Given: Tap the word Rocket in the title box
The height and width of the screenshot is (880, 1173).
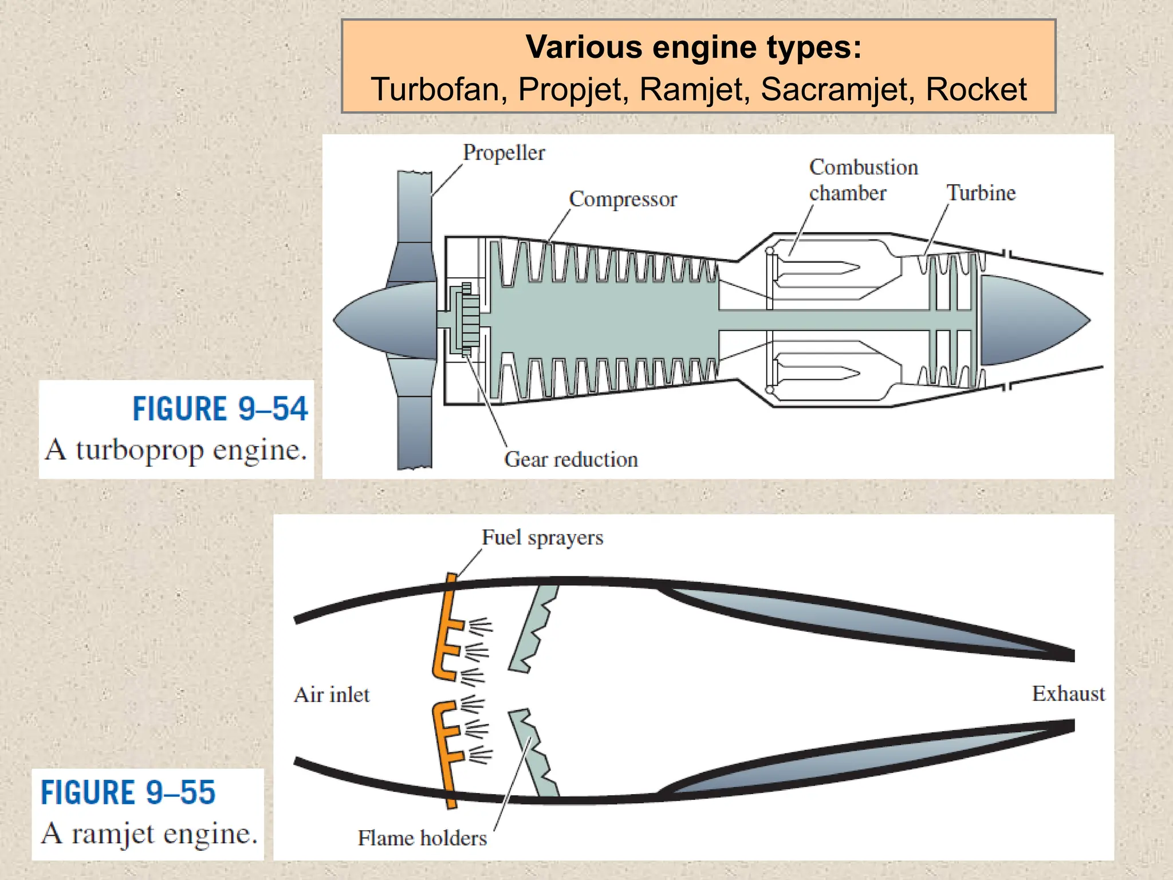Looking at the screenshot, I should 976,90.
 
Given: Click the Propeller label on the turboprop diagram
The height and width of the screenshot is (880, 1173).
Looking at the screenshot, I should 503,153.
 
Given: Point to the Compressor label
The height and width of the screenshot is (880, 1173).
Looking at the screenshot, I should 623,199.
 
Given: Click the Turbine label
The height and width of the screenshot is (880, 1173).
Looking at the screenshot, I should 981,193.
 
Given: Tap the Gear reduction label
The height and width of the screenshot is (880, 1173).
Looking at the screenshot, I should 570,459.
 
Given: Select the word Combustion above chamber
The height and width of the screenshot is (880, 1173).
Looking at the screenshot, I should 863,167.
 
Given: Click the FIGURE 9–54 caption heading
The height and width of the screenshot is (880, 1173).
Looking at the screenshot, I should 220,409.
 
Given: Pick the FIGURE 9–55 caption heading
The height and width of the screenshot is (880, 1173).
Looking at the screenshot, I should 128,792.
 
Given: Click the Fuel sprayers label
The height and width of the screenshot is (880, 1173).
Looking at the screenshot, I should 542,538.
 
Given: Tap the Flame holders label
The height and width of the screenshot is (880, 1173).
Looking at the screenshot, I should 422,838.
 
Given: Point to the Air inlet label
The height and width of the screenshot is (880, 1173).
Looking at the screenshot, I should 332,695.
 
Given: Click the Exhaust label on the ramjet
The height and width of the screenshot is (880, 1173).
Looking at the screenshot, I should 1068,694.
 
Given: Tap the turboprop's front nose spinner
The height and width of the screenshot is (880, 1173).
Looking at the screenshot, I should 384,320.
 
